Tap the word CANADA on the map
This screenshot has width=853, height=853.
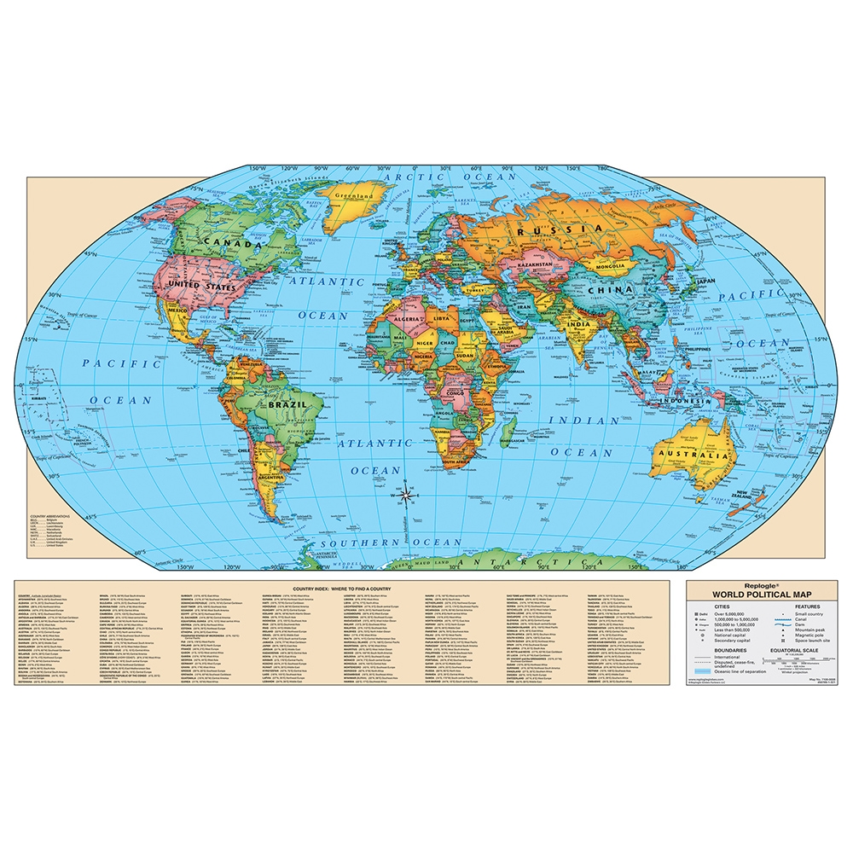pyautogui.click(x=229, y=245)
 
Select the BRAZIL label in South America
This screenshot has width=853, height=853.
pyautogui.click(x=287, y=407)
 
